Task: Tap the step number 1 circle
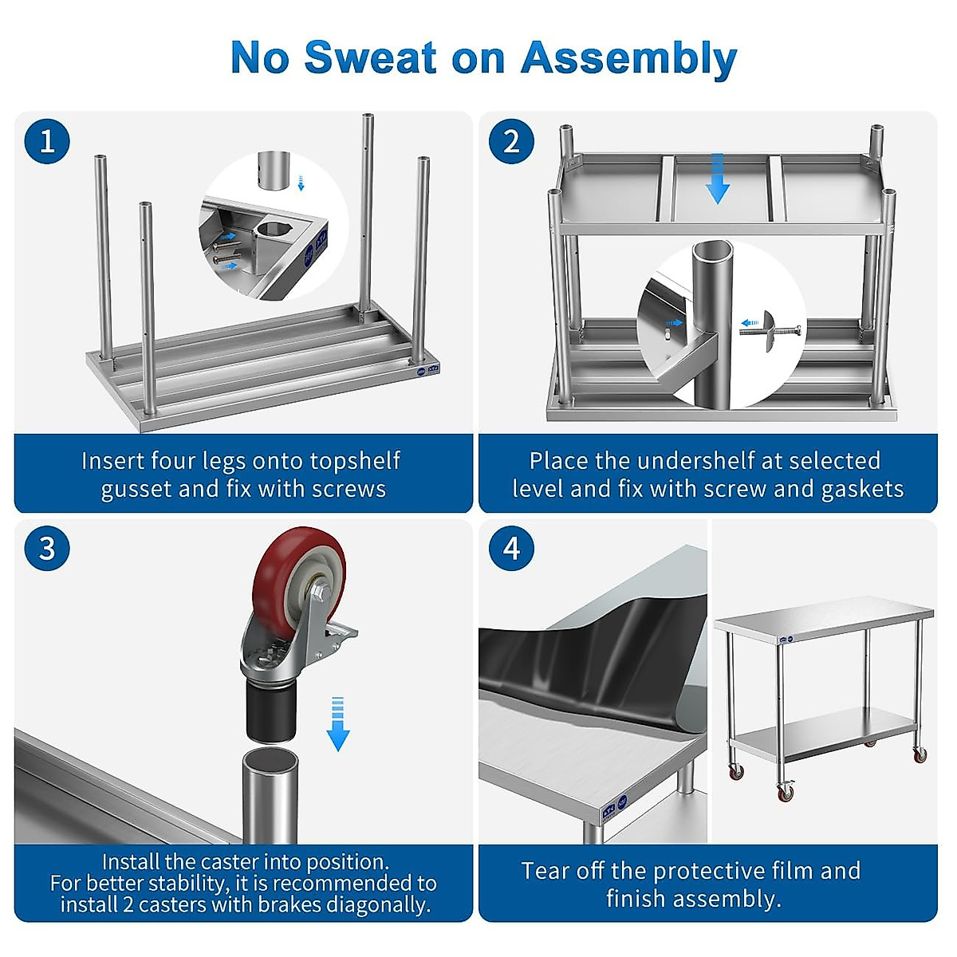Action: (47, 141)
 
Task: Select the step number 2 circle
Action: (511, 141)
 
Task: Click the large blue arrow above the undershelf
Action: (718, 179)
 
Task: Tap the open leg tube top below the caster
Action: (270, 758)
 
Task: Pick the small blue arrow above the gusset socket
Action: (301, 183)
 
